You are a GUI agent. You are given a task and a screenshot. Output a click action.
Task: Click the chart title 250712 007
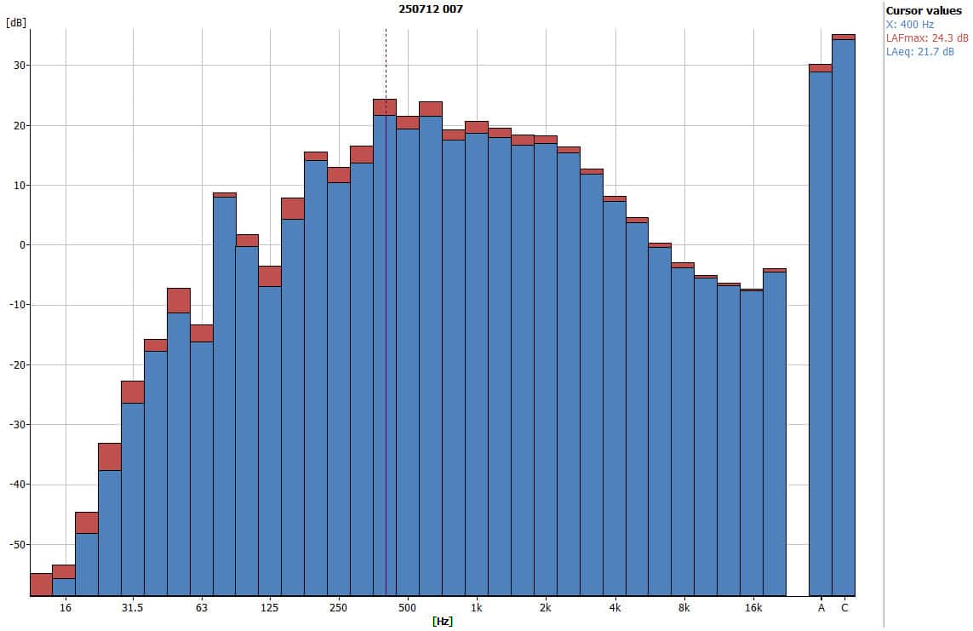[431, 9]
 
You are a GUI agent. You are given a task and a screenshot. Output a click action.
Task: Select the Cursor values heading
[924, 10]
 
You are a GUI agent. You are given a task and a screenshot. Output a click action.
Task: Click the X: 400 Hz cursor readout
[910, 24]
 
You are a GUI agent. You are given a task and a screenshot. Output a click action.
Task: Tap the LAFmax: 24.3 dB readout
[927, 37]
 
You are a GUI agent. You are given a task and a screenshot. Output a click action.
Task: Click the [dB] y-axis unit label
[15, 22]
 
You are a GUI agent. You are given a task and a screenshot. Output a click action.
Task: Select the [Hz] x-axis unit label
[443, 622]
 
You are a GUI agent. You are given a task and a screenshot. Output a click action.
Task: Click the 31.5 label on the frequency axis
[132, 608]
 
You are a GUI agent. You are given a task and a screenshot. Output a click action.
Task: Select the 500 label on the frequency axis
[408, 608]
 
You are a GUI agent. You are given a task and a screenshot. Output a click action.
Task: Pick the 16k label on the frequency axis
[753, 608]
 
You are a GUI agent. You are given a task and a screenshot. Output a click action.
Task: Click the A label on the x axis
[821, 608]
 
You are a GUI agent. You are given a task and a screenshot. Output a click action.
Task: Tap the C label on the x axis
[844, 608]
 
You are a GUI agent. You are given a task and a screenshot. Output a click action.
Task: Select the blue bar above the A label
[821, 332]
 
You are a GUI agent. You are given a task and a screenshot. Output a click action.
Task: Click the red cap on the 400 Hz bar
[385, 107]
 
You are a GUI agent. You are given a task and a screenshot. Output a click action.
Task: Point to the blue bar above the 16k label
[752, 443]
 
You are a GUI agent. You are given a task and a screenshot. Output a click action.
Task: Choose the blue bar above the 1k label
[477, 366]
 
